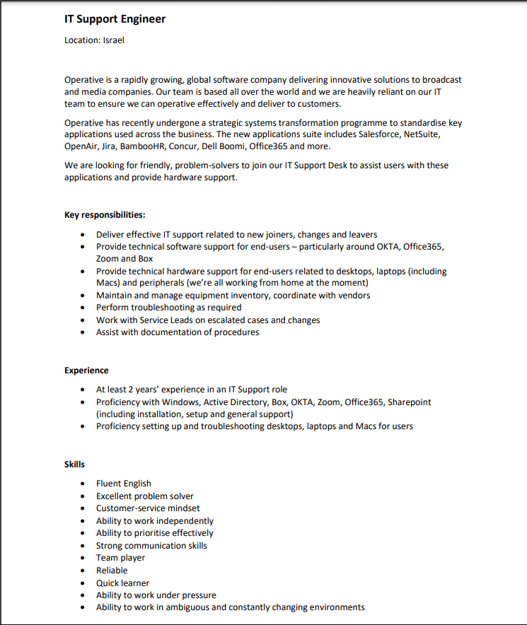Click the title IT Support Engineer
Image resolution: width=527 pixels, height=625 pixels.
click(x=115, y=19)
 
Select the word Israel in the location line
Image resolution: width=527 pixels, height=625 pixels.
click(x=113, y=40)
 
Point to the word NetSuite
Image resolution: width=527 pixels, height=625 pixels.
click(x=422, y=134)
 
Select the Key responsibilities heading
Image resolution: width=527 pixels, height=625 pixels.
click(x=105, y=215)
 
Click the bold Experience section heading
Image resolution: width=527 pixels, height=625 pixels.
click(x=86, y=370)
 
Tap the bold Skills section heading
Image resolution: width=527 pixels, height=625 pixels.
click(x=74, y=465)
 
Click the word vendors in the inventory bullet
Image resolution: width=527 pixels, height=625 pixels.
click(x=353, y=296)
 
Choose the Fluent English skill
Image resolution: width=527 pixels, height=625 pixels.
click(x=123, y=484)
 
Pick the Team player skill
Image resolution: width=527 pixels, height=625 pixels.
click(x=120, y=558)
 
